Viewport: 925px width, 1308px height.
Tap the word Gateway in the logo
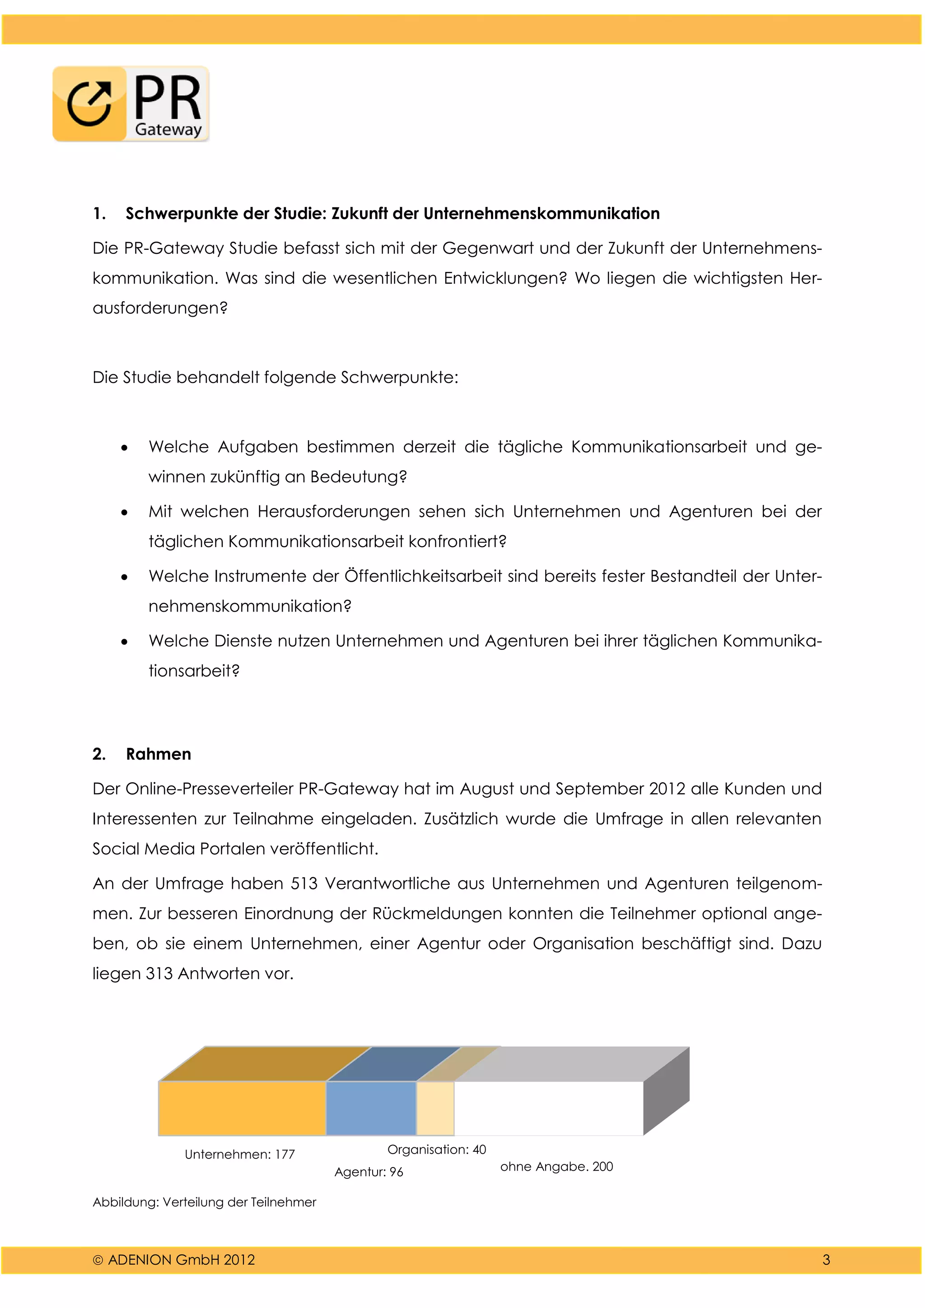point(168,129)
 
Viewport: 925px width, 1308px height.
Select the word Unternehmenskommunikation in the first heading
point(541,214)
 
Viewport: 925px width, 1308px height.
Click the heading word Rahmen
point(159,754)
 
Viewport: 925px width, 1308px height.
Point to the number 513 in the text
point(304,883)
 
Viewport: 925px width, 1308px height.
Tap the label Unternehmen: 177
point(240,1155)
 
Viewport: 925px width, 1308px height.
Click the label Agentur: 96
point(369,1173)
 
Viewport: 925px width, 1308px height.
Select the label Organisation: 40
point(436,1149)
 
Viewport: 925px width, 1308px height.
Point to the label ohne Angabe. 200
point(556,1167)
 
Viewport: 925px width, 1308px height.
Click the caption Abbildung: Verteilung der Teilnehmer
point(204,1203)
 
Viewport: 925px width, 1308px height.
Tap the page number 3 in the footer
point(826,1260)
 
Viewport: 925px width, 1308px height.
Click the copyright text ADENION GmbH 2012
point(181,1260)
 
